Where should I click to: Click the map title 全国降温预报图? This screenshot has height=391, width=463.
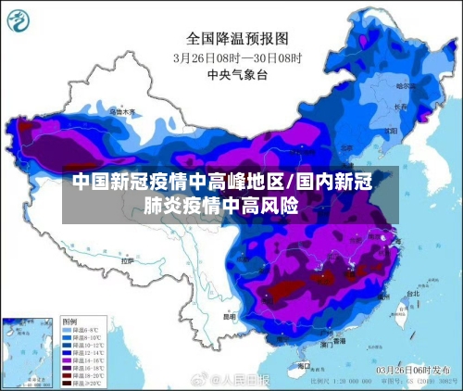tap(238, 38)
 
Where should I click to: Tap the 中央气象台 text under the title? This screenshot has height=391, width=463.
tap(238, 73)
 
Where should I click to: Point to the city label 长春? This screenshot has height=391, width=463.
tap(400, 107)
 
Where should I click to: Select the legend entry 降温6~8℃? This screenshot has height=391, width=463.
tap(80, 329)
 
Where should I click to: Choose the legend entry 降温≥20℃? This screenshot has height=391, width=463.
tap(80, 381)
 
